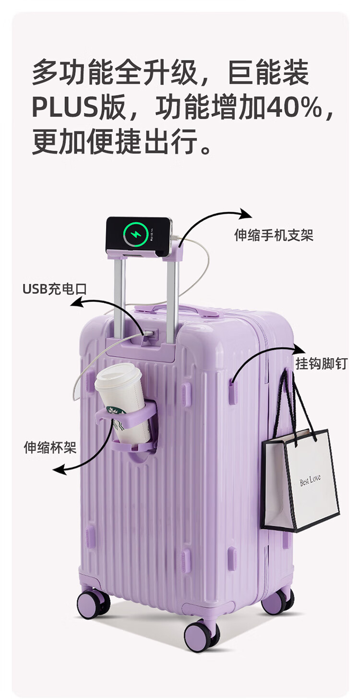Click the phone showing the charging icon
coord(139,235)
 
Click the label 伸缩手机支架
coord(274,235)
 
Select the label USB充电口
coord(54,289)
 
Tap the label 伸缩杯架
coord(50,448)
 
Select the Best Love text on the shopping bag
coord(310,480)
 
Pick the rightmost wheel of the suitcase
coord(277,602)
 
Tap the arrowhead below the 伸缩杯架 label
coord(59,469)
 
